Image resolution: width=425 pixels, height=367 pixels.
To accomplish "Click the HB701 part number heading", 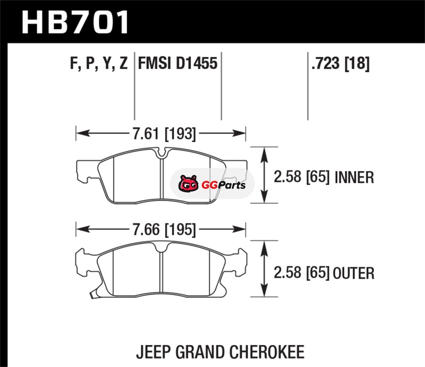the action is coord(75,22).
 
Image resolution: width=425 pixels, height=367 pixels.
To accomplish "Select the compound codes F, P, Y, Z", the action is coord(99,63).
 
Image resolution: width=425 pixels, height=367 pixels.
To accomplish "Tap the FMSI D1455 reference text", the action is coord(178,63).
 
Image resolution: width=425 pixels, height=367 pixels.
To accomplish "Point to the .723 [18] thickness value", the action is coord(341,64).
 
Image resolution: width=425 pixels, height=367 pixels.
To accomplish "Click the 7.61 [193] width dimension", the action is coord(164,133).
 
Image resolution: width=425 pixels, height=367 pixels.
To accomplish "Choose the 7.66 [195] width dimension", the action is coord(164,229).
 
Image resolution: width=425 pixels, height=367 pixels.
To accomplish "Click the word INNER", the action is coord(354,177).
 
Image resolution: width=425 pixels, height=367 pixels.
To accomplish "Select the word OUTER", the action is coord(353,273).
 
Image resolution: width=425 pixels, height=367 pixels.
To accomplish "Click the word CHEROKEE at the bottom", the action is coord(267,352).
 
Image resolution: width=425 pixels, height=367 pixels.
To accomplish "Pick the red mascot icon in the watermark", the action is coord(188,184).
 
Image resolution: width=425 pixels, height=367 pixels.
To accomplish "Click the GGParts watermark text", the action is coord(224,185).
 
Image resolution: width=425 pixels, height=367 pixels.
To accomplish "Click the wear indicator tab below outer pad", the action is coord(92,295).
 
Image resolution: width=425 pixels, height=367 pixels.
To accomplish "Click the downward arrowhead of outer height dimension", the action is coord(264,289).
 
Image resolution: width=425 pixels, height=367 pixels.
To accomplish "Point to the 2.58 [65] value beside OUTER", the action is coord(302,273).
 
